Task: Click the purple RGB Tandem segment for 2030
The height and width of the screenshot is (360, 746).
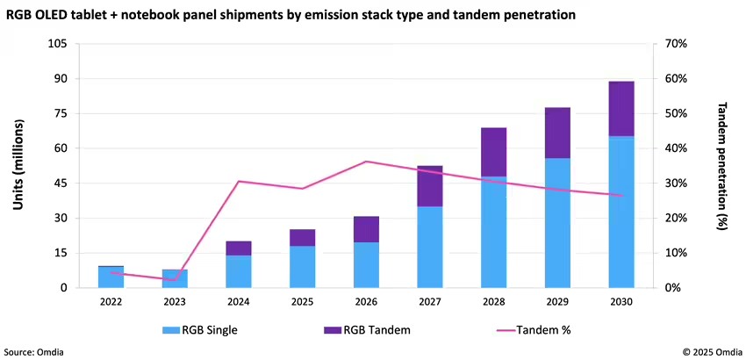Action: tap(621, 109)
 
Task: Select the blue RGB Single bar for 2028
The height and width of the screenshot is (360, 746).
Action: tap(494, 232)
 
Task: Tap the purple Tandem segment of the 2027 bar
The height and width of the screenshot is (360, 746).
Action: tap(430, 186)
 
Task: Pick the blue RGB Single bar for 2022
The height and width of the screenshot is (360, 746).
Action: tap(111, 277)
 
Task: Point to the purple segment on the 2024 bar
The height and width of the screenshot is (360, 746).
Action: tap(239, 248)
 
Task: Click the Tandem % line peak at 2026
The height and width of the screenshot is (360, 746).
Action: tap(366, 162)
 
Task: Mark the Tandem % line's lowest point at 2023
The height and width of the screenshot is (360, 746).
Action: tap(175, 280)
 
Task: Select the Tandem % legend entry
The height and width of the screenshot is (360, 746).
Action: tap(525, 329)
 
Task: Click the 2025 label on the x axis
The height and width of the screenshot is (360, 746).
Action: tap(302, 301)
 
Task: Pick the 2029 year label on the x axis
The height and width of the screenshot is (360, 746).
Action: tap(557, 301)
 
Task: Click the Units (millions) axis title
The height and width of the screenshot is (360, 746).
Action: tap(18, 166)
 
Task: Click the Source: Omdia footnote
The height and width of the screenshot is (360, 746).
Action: tap(33, 351)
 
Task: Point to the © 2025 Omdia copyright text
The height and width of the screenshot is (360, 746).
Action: tap(711, 351)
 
